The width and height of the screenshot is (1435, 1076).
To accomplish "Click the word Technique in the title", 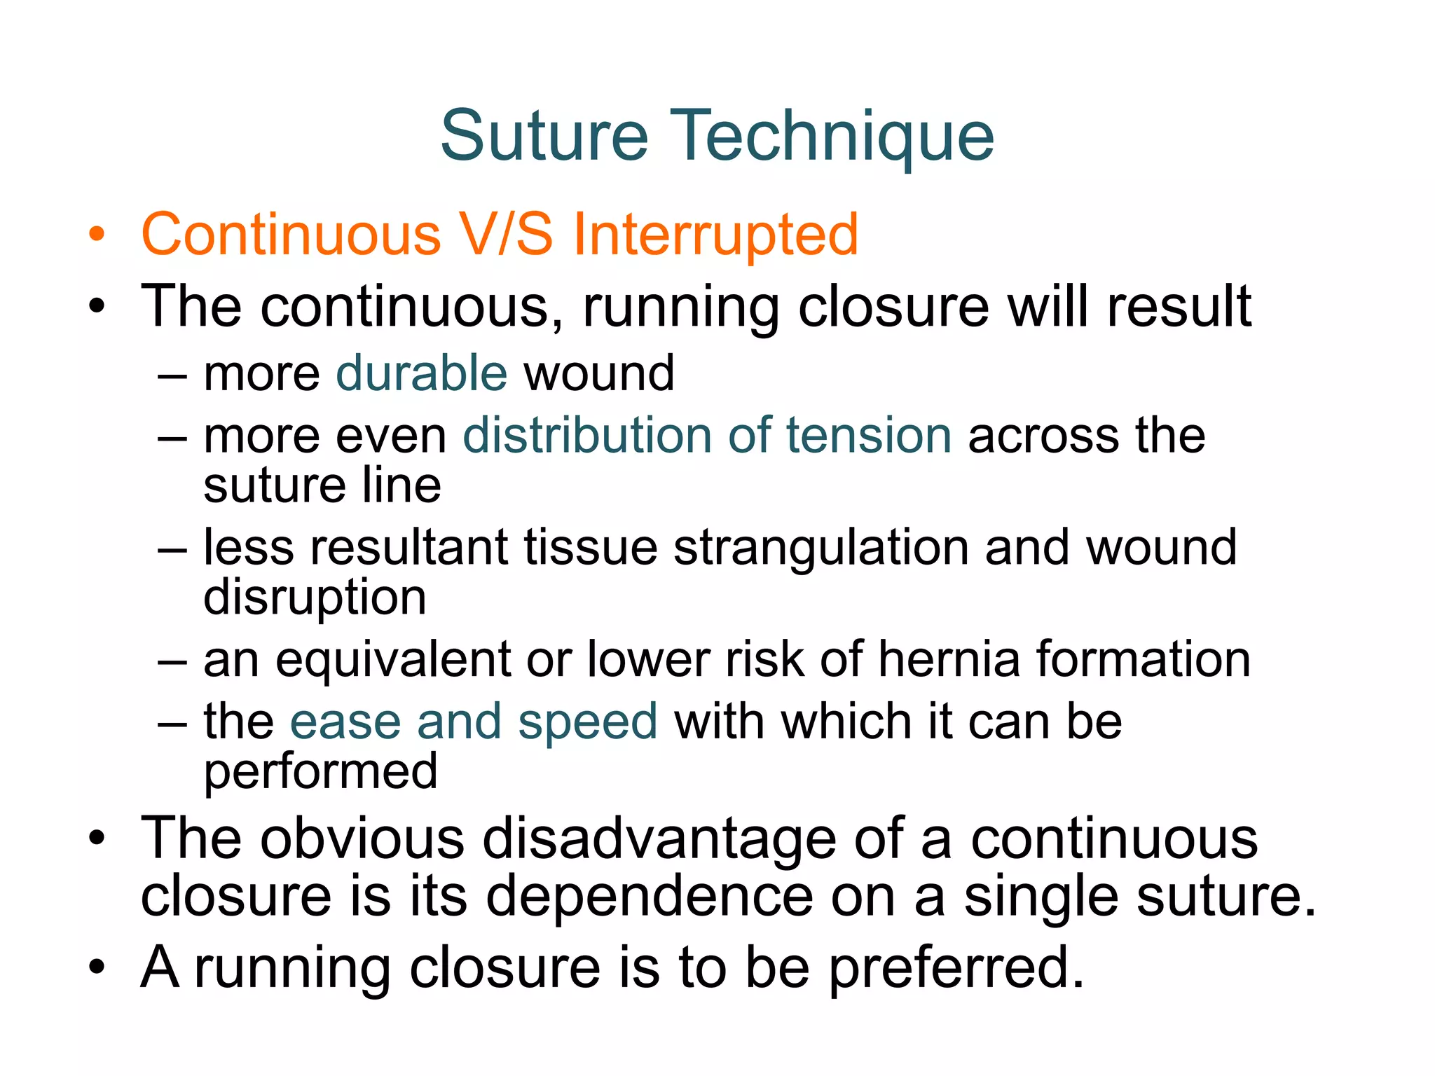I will [832, 137].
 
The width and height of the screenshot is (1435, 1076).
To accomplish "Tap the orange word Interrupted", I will [715, 235].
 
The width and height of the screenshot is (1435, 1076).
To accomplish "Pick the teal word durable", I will [421, 373].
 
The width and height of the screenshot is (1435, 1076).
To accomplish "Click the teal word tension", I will [868, 436].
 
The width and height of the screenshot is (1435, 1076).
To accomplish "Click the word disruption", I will [315, 598].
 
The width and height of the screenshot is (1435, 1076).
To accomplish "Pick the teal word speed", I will [587, 723].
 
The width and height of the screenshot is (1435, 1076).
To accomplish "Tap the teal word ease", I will [345, 723].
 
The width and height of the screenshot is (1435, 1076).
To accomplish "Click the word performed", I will [320, 773].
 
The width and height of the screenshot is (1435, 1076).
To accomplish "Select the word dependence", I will [650, 897].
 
